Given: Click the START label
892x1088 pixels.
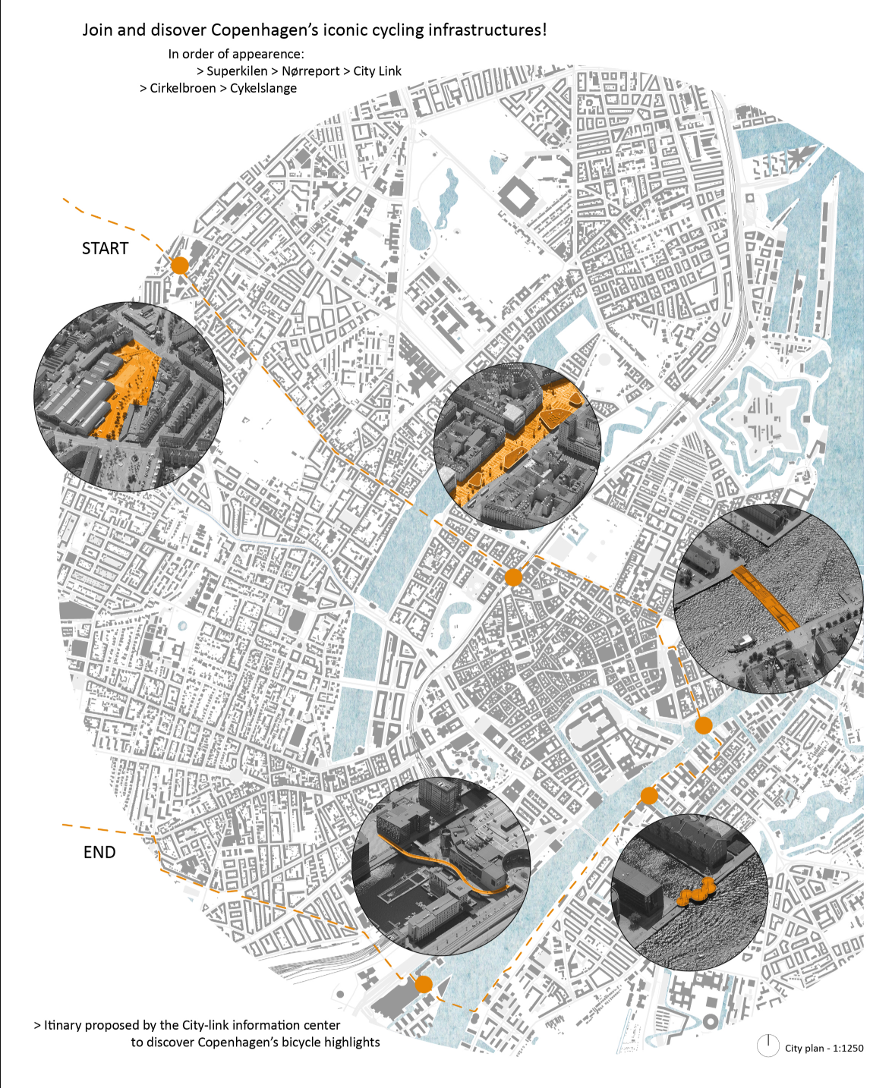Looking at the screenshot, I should click(x=105, y=248).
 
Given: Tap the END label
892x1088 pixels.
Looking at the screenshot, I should click(x=99, y=852).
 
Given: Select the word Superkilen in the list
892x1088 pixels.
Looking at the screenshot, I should click(x=237, y=71).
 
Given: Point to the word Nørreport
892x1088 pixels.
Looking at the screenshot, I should click(x=310, y=71).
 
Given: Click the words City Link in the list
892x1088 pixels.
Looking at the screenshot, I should click(x=377, y=71).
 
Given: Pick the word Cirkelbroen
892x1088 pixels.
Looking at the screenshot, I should click(x=183, y=88).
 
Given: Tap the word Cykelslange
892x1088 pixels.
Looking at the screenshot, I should click(x=263, y=88).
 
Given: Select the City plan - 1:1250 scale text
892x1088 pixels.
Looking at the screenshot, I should click(x=824, y=1048).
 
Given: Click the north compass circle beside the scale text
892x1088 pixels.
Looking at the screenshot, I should click(x=768, y=1046).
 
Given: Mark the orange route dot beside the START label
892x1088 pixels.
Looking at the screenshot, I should click(x=180, y=265).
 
